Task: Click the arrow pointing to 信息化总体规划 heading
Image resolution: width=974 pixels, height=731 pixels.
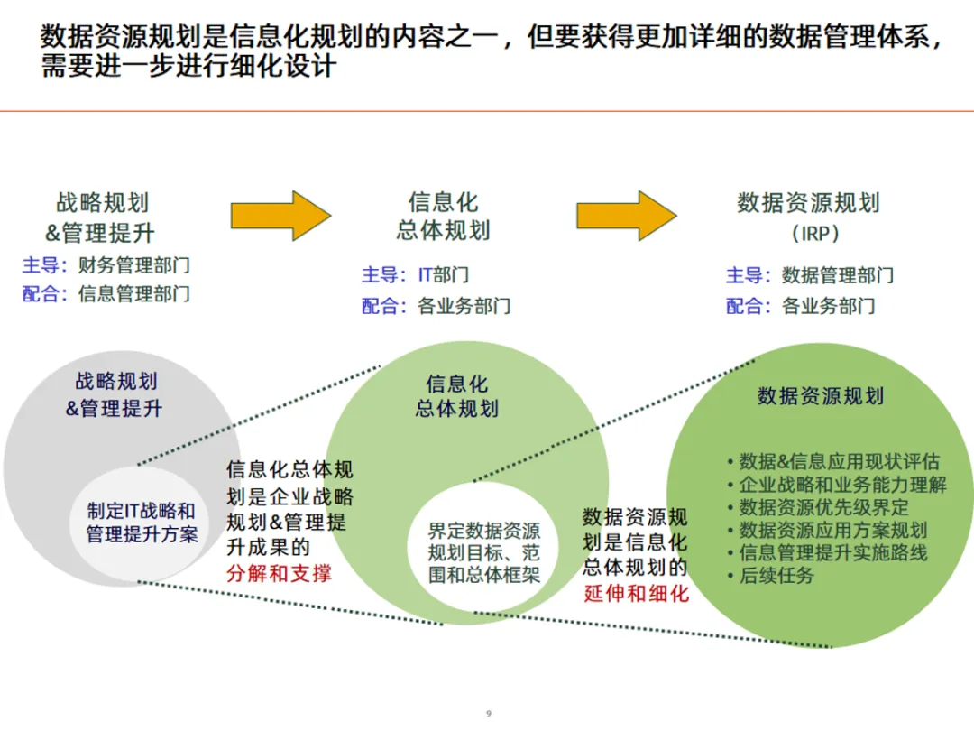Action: [x=280, y=216]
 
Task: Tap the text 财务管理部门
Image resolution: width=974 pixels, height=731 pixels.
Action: [x=133, y=265]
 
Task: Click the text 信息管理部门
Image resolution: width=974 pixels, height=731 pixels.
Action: [x=133, y=294]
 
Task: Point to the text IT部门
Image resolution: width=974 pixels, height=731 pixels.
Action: [x=443, y=275]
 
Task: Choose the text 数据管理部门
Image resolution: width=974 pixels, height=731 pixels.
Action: [x=838, y=275]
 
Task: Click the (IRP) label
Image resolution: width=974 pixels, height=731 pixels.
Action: [x=815, y=233]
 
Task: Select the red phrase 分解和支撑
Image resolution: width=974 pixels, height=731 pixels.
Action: [x=280, y=572]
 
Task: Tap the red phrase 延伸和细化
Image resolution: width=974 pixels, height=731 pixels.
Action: [x=636, y=593]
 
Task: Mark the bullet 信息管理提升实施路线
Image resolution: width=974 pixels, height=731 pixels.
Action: [x=833, y=552]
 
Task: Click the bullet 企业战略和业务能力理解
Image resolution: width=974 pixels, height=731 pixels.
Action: [x=843, y=485]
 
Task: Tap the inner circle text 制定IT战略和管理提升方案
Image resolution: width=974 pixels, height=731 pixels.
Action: [x=142, y=522]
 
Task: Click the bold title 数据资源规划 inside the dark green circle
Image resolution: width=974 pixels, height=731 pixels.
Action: [x=821, y=395]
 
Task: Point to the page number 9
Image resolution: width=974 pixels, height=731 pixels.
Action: [x=488, y=714]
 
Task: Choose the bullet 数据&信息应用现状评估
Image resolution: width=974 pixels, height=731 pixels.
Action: [x=839, y=461]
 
